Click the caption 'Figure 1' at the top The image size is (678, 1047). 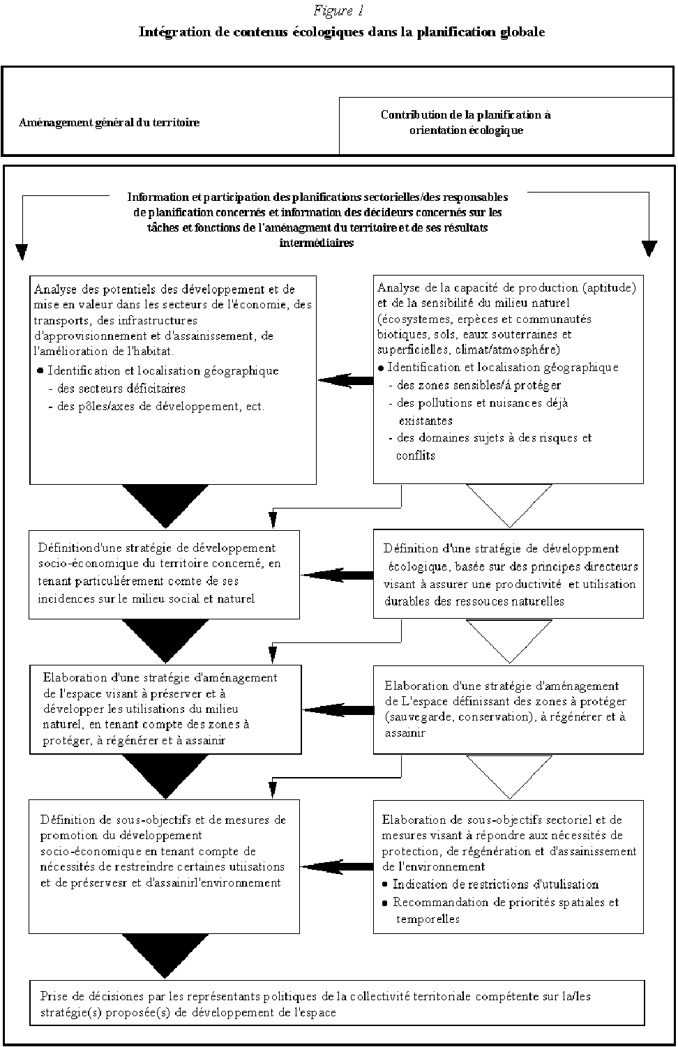click(339, 11)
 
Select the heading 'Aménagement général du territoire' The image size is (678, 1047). click(110, 123)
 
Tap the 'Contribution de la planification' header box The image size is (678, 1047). click(465, 123)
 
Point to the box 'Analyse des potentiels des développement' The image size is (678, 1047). click(173, 379)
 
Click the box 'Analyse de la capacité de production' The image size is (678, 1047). click(508, 379)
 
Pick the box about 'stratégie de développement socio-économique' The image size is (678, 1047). click(164, 574)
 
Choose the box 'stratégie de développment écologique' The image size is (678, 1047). click(508, 574)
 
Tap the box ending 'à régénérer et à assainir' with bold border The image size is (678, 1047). click(165, 709)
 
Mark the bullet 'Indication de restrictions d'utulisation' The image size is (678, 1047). click(495, 884)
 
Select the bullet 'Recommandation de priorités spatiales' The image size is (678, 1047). click(505, 902)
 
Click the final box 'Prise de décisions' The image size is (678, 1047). click(336, 1004)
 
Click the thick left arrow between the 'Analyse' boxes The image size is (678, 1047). click(345, 380)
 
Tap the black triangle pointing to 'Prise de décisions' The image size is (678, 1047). click(165, 956)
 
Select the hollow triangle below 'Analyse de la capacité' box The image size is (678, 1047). click(508, 505)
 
